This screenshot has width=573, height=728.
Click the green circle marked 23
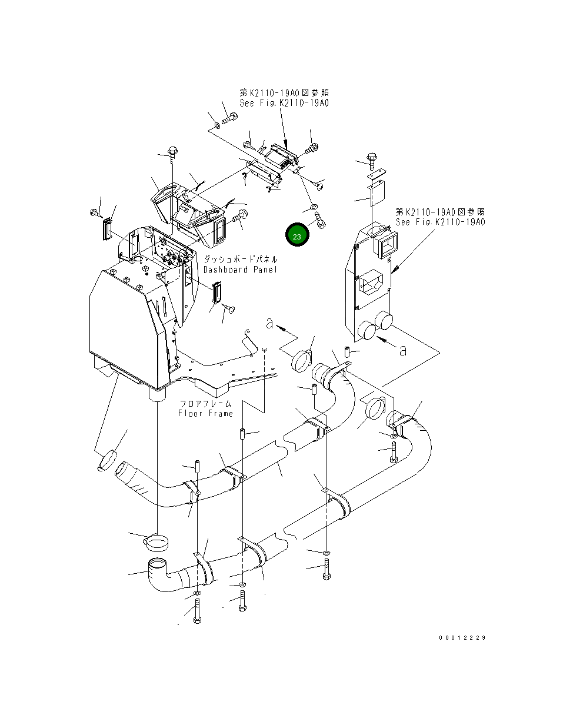(297, 235)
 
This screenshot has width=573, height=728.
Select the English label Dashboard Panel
(240, 270)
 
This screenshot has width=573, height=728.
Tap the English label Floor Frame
(205, 413)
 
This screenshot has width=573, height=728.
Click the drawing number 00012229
(462, 637)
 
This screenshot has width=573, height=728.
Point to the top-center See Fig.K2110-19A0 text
(284, 103)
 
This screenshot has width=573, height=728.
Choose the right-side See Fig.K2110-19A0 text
(440, 222)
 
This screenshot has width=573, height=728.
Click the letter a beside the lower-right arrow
(402, 350)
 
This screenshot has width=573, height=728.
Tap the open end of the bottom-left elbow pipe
(156, 564)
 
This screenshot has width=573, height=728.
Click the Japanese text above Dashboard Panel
(240, 259)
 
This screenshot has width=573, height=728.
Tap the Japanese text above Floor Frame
(205, 404)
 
